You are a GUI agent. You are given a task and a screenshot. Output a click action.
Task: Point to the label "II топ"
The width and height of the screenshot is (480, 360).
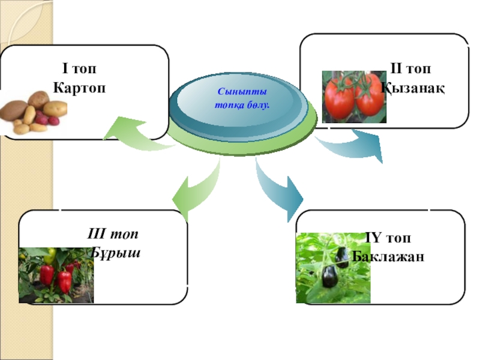pos(413,70)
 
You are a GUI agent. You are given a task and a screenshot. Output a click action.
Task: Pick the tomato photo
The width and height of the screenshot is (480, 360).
pos(354,97)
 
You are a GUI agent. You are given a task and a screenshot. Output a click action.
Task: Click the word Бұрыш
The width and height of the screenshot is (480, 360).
pos(116,252)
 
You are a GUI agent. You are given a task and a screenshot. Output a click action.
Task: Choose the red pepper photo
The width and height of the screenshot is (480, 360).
pos(56,275)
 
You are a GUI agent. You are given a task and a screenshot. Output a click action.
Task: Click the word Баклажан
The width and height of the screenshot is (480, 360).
pos(388,257)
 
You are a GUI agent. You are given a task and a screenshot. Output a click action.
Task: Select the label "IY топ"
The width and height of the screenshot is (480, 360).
pos(388,239)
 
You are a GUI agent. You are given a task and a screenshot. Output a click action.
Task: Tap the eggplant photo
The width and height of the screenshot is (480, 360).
pos(333,268)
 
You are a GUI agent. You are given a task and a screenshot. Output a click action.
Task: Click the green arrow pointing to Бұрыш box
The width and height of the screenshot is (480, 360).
pos(195,189)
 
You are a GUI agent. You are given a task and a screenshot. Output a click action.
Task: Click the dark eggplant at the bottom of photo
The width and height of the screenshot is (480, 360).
pos(329,277)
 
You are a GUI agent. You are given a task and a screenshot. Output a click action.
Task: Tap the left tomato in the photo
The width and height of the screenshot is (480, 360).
pos(338,100)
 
